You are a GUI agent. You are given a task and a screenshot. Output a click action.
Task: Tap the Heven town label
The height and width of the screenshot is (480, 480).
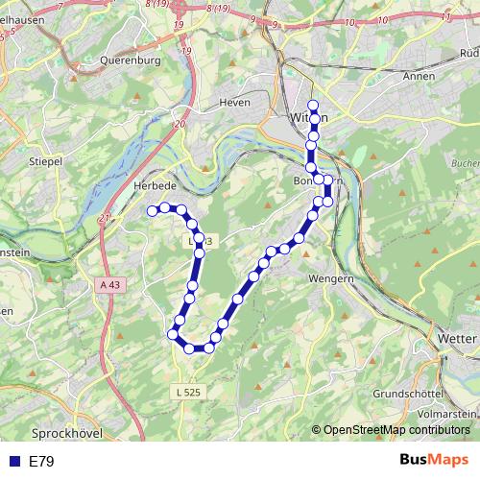[x=234, y=102]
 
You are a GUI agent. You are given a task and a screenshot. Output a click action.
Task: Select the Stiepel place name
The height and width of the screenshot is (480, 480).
[x=46, y=161]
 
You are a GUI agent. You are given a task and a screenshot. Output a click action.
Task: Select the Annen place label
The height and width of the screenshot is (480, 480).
[x=420, y=76]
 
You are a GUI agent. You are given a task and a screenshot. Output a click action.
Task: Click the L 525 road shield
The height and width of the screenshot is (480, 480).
[x=189, y=392]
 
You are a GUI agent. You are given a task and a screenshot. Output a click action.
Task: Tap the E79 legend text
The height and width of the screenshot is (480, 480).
[x=42, y=462]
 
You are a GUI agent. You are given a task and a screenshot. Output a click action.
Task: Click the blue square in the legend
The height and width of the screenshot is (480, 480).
[x=13, y=462]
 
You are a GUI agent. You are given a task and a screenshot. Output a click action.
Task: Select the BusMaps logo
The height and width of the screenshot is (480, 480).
[x=434, y=461]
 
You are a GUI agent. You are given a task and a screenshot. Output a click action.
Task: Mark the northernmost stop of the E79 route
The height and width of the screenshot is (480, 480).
[x=312, y=105]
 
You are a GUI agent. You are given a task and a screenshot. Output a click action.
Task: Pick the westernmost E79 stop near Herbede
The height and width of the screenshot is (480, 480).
[x=152, y=209]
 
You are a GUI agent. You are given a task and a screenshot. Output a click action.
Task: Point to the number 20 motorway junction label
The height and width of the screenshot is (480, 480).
[x=180, y=124]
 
